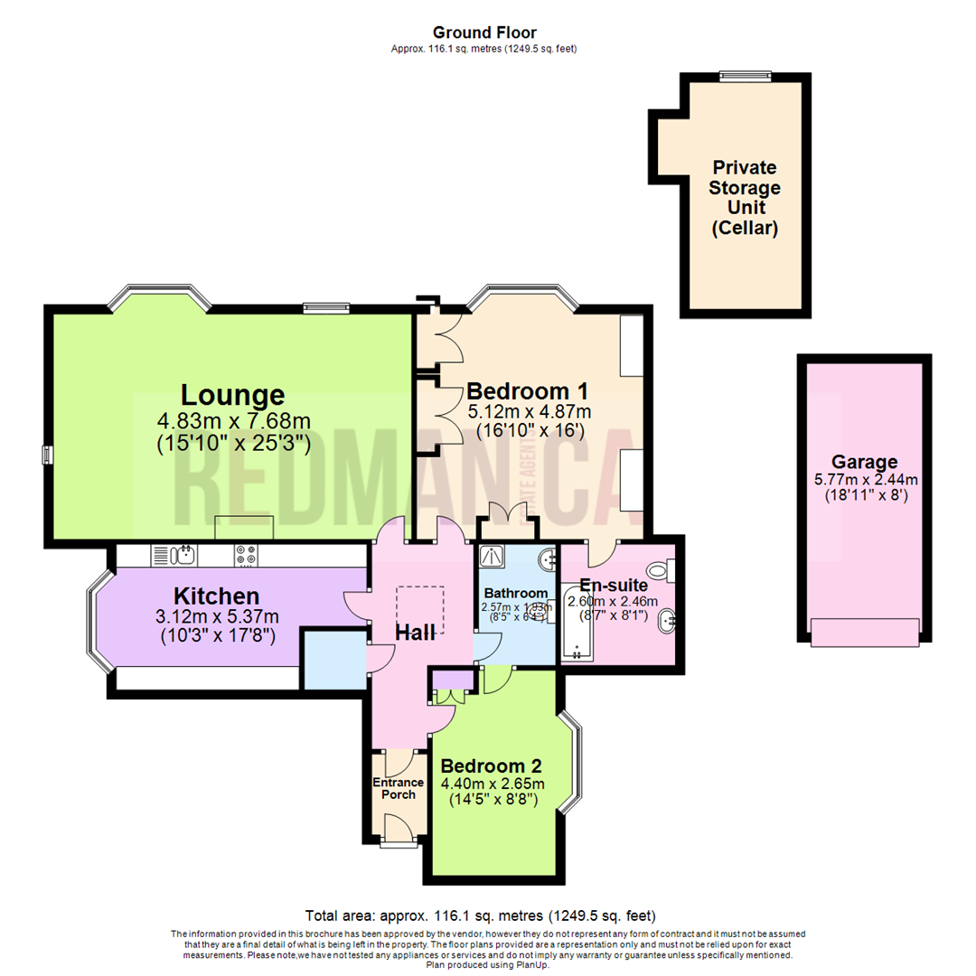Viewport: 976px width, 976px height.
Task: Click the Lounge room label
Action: click(233, 395)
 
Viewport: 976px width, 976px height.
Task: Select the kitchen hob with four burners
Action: click(245, 554)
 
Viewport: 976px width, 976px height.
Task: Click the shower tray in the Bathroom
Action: click(493, 557)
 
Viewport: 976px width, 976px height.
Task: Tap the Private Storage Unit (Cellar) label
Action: click(746, 198)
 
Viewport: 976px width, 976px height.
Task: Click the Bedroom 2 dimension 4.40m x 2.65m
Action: click(493, 783)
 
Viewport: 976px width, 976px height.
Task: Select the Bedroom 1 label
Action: click(528, 391)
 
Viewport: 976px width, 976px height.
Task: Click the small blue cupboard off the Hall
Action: click(333, 657)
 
